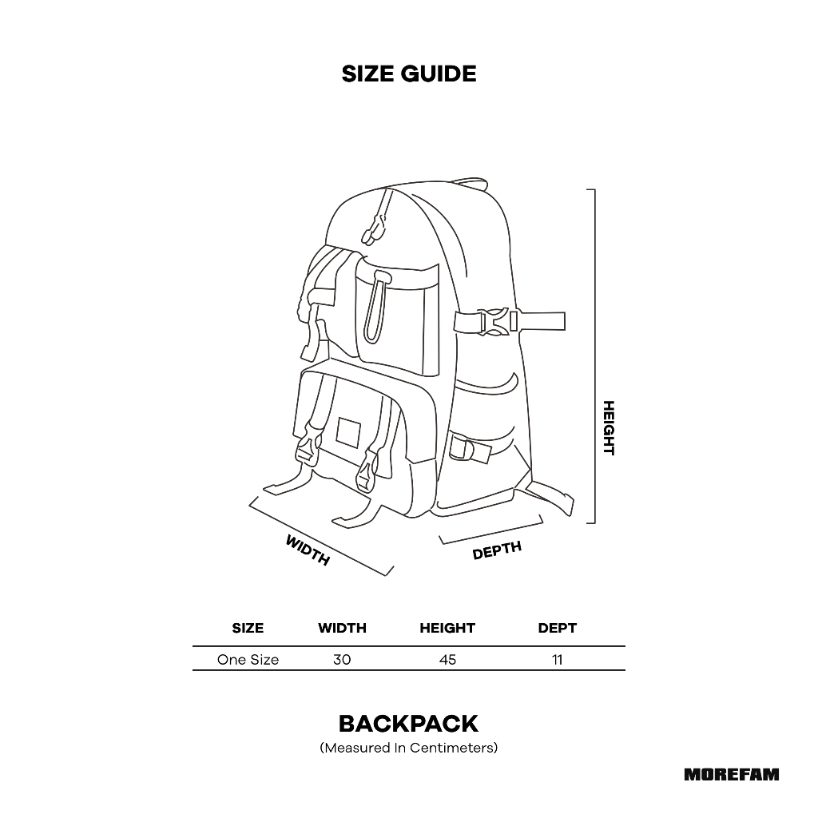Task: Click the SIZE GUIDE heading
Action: point(408,74)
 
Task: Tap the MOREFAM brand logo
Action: point(731,774)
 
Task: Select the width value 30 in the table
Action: point(342,660)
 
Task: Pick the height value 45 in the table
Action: point(447,660)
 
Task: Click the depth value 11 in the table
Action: point(557,660)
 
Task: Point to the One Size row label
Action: point(248,660)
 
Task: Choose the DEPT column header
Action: point(557,628)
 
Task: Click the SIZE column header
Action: point(248,628)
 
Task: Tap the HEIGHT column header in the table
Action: point(447,628)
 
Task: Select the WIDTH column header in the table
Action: point(342,628)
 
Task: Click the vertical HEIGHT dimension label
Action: point(609,427)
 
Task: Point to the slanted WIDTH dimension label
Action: point(308,550)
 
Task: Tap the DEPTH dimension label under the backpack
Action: point(497,550)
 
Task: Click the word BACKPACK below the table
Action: point(408,724)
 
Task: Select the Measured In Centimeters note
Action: point(408,749)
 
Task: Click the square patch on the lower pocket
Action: point(349,432)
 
